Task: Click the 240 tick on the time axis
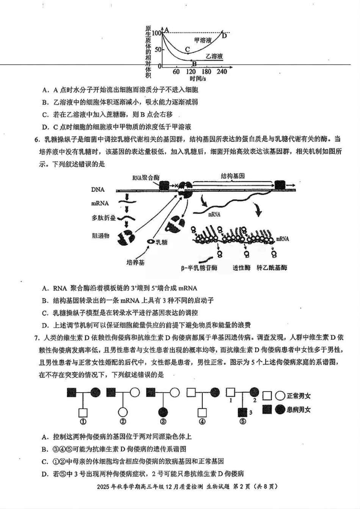(x=222, y=72)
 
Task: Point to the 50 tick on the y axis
(x=158, y=49)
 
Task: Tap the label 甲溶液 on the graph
(x=203, y=40)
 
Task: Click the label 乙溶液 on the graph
(x=214, y=56)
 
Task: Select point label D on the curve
(x=224, y=36)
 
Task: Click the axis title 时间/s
(x=198, y=78)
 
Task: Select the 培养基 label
(x=135, y=262)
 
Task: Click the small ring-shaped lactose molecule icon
(x=151, y=241)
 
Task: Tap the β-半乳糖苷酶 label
(x=199, y=268)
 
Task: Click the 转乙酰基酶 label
(x=272, y=268)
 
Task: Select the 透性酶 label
(x=241, y=268)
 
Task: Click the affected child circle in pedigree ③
(x=163, y=412)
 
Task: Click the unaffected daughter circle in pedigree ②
(x=123, y=412)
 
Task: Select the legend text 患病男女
(x=299, y=409)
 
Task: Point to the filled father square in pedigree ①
(x=72, y=393)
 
